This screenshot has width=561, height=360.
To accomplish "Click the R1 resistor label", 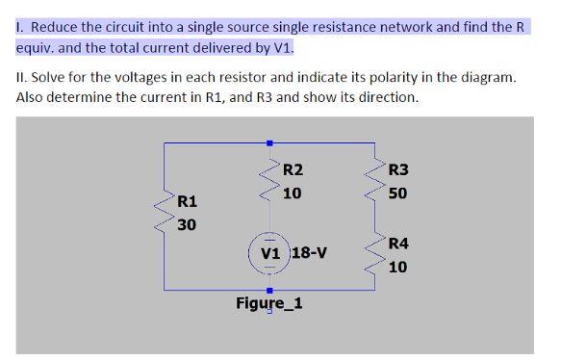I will click(x=188, y=202).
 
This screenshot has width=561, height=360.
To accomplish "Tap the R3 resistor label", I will click(x=398, y=170).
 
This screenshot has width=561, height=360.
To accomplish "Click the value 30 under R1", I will click(x=188, y=224).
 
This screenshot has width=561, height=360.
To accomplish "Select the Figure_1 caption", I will click(x=269, y=303).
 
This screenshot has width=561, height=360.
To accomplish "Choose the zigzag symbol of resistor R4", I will click(x=375, y=256).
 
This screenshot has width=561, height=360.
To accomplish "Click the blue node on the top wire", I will click(x=269, y=143).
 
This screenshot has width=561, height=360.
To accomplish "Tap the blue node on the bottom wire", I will click(x=269, y=289).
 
